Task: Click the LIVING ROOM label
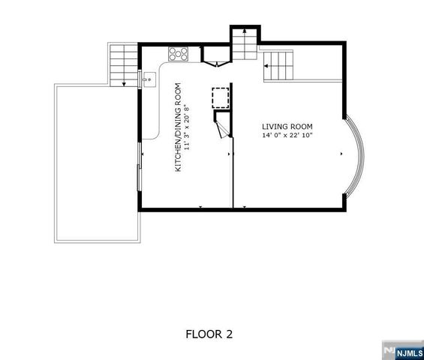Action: point(287,126)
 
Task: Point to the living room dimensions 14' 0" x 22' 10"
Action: point(287,136)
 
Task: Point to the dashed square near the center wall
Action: point(221,98)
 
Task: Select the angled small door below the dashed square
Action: point(221,128)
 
